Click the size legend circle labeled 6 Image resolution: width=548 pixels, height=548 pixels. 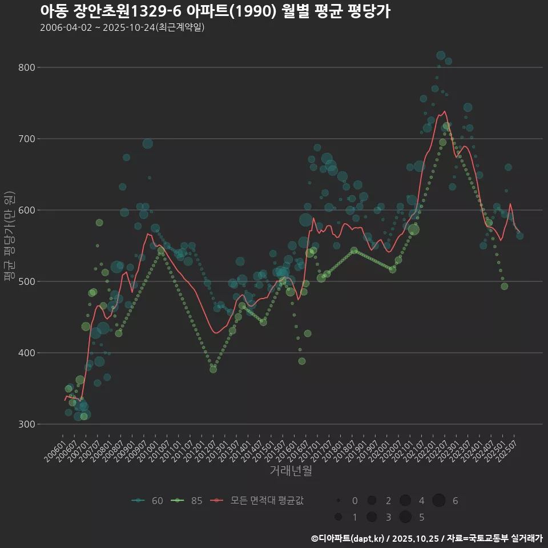pos(438,501)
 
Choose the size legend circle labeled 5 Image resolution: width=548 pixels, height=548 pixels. pos(405,517)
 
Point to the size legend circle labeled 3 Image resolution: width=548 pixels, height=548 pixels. pos(372,517)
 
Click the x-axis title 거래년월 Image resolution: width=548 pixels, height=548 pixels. pos(291,471)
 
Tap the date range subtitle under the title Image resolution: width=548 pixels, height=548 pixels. pos(122,27)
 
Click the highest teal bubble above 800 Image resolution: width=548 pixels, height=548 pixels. pos(441,55)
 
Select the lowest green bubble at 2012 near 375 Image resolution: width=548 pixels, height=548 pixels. pos(213,369)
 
